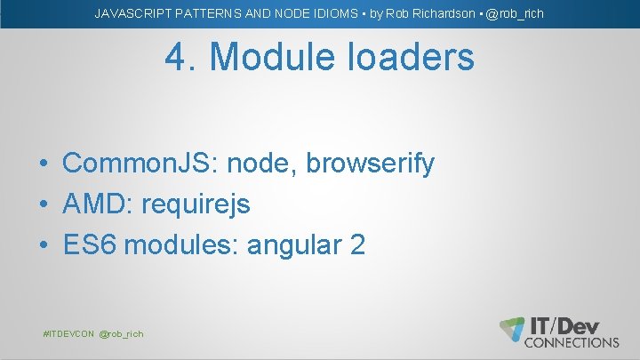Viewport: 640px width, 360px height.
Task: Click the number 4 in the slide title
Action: (176, 58)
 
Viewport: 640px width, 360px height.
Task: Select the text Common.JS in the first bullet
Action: (140, 164)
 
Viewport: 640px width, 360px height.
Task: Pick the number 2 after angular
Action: (357, 245)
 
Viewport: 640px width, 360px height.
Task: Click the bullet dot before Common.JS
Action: (43, 164)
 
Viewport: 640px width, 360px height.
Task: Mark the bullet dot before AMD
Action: (43, 205)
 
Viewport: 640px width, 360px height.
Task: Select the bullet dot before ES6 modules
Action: (43, 246)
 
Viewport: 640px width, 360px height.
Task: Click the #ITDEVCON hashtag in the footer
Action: (68, 333)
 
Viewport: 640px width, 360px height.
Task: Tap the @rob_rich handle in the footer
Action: (121, 333)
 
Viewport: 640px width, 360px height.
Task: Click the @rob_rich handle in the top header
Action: (515, 14)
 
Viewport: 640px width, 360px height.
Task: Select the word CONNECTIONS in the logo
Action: (572, 342)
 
